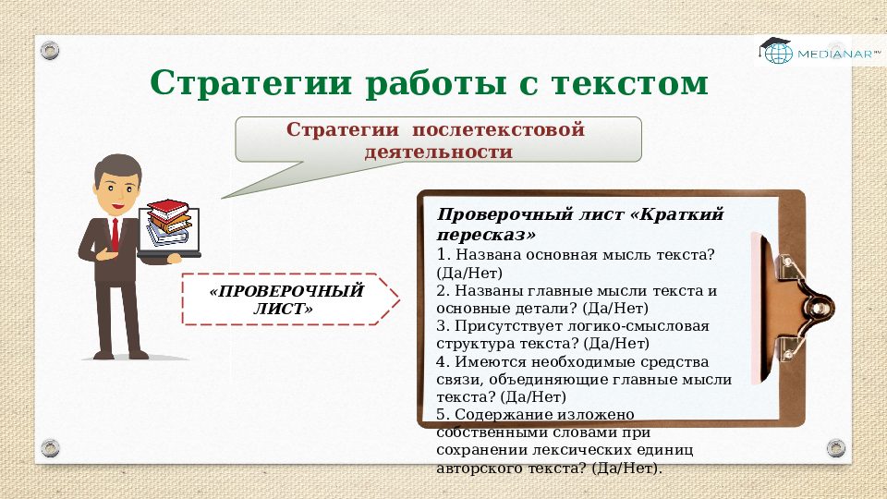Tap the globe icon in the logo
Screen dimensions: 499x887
(x=777, y=55)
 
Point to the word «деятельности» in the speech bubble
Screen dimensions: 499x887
(x=439, y=151)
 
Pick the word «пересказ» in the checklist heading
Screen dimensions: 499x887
(x=480, y=234)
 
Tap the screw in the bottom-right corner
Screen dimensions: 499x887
(x=835, y=447)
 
